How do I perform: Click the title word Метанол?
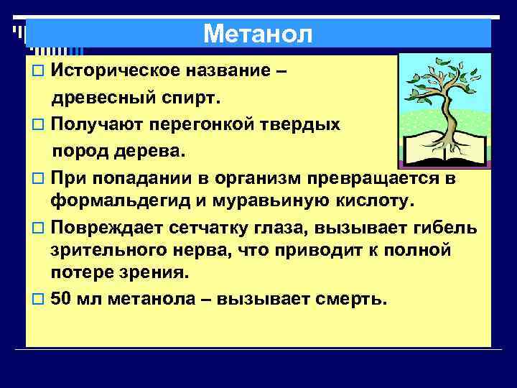coord(258,34)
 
